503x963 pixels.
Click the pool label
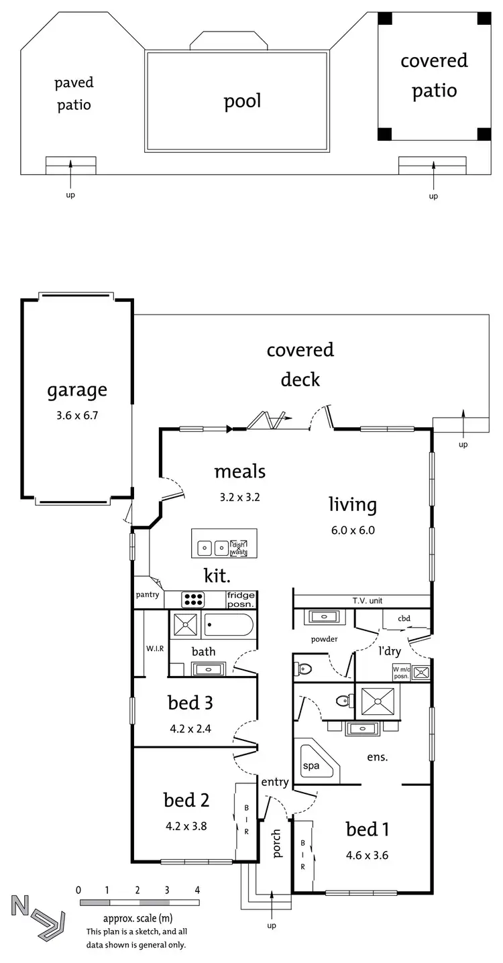tap(242, 101)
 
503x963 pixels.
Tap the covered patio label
tap(434, 75)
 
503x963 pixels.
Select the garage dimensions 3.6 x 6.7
tap(76, 415)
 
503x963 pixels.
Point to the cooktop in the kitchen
tap(193, 599)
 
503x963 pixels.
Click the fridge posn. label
tap(241, 599)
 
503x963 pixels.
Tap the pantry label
tap(147, 595)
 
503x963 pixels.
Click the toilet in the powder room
tap(304, 668)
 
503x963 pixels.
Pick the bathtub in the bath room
tap(229, 626)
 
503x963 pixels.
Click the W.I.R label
tap(155, 648)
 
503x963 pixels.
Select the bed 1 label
tap(367, 830)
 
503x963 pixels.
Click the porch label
tap(277, 842)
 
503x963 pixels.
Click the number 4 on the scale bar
tap(197, 890)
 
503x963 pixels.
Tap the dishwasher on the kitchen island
tap(238, 548)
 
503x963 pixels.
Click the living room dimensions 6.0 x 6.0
tap(352, 530)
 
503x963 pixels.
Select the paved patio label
tap(74, 93)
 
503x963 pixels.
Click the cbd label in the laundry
tap(404, 618)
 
